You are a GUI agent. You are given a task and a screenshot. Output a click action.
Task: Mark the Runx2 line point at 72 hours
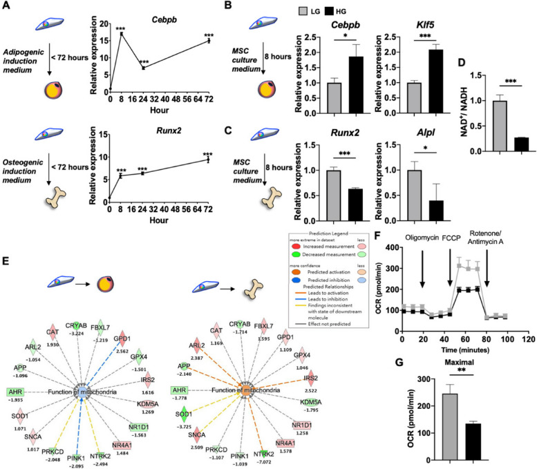tap(227, 160)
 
